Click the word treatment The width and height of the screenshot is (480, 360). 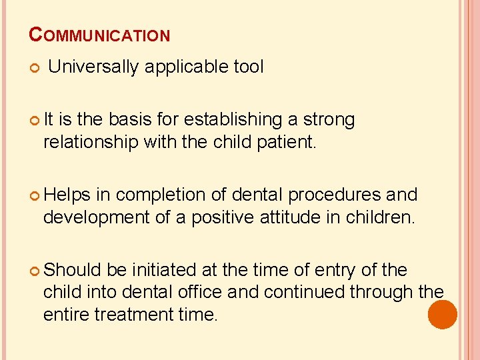click(x=135, y=313)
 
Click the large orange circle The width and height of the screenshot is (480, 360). click(x=443, y=315)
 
